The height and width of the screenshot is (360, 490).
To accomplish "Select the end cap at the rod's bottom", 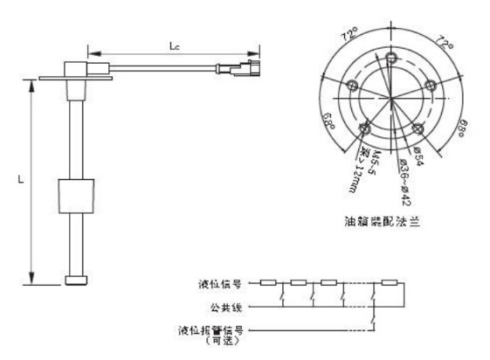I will pyautogui.click(x=75, y=280).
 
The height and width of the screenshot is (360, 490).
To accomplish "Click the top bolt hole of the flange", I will pyautogui.click(x=388, y=59).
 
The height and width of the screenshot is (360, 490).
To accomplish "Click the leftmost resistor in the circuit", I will pyautogui.click(x=270, y=283).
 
